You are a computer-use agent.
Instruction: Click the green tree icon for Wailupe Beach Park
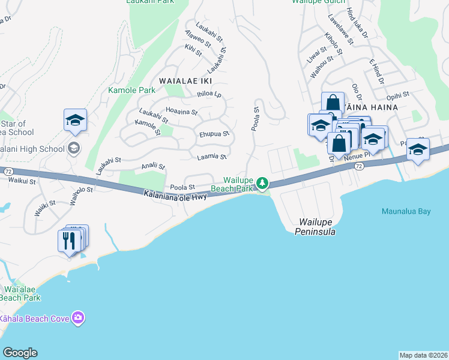pyautogui.click(x=262, y=182)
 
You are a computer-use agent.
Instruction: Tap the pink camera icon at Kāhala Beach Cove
pyautogui.click(x=77, y=317)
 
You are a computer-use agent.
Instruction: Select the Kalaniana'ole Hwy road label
pyautogui.click(x=175, y=195)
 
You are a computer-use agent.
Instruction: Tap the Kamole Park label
pyautogui.click(x=131, y=91)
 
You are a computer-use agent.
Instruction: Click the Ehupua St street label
pyautogui.click(x=214, y=134)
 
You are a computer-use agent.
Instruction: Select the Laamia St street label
pyautogui.click(x=211, y=157)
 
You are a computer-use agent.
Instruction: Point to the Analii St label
pyautogui.click(x=152, y=166)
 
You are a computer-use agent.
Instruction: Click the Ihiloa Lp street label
pyautogui.click(x=209, y=94)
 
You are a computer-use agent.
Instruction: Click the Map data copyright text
pyautogui.click(x=423, y=355)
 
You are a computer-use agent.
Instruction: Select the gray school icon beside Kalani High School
pyautogui.click(x=74, y=148)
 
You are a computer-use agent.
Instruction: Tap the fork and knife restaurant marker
pyautogui.click(x=71, y=241)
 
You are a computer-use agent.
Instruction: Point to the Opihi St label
pyautogui.click(x=397, y=95)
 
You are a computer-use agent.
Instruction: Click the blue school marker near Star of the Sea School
pyautogui.click(x=75, y=120)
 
